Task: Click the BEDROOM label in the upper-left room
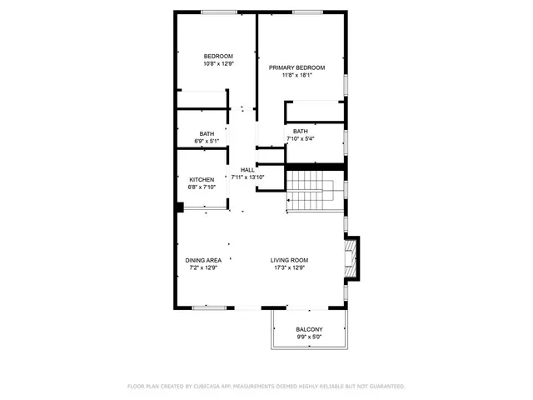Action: (218, 56)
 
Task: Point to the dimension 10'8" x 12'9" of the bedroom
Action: (218, 63)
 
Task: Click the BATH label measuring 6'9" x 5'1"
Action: (207, 134)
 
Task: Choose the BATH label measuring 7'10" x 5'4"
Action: (300, 131)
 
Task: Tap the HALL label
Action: (247, 169)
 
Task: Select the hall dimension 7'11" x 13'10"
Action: (247, 177)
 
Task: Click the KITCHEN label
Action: (202, 179)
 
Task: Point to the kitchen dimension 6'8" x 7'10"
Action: (202, 187)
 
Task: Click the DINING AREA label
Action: (202, 260)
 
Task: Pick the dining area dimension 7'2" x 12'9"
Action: (202, 267)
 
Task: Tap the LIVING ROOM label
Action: (289, 260)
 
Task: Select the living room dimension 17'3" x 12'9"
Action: (289, 267)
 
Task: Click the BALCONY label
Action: (309, 330)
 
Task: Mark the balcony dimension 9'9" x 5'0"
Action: (309, 337)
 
